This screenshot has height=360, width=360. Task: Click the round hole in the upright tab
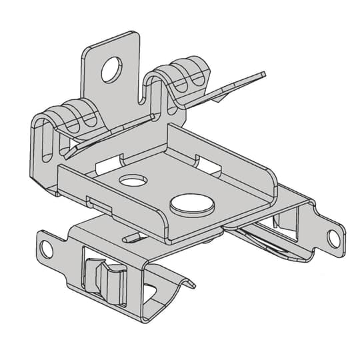(112, 69)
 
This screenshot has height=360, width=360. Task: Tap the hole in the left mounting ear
(46, 249)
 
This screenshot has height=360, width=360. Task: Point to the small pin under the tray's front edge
(128, 237)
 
